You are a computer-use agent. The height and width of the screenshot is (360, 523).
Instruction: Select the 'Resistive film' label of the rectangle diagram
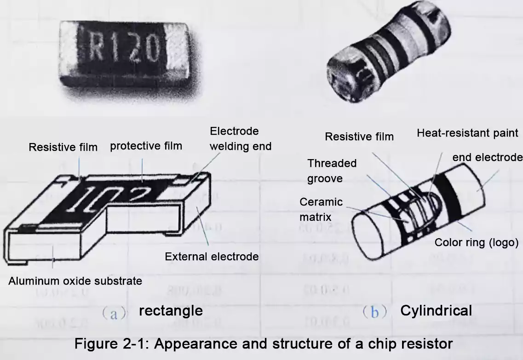63,147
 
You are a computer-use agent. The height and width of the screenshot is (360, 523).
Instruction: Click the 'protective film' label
146,146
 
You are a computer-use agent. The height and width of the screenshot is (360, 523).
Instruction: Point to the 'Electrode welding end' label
240,139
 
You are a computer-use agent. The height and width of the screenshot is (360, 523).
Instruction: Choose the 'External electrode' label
212,257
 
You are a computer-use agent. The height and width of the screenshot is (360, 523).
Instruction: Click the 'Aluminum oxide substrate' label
75,280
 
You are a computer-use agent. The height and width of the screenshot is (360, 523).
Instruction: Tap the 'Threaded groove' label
332,171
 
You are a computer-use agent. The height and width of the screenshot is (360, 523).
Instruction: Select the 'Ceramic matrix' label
321,209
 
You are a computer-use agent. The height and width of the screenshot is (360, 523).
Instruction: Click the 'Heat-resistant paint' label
467,133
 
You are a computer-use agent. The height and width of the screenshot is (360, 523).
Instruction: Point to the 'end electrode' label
487,158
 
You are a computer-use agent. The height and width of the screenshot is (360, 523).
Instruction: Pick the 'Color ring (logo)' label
477,242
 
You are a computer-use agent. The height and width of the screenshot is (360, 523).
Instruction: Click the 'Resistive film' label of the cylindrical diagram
359,137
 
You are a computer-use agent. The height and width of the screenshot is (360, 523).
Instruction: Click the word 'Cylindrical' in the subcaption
436,310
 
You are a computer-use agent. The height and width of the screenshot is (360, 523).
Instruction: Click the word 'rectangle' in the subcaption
171,310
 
